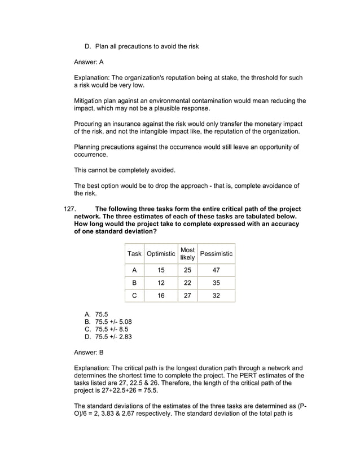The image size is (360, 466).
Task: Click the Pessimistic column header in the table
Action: [216, 254]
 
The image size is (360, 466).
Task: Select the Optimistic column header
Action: [161, 254]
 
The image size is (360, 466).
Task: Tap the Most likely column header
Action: [187, 254]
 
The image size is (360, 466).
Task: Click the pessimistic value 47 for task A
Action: [216, 270]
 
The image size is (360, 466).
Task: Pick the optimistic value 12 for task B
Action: [161, 283]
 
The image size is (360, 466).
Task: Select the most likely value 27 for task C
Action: [187, 295]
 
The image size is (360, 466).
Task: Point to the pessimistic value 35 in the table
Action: [216, 283]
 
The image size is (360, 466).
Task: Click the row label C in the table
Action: [134, 295]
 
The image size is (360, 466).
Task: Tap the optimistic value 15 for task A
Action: [161, 270]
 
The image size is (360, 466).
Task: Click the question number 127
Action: [69, 209]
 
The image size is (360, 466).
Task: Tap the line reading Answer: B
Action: [89, 353]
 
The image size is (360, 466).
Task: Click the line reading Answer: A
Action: [89, 61]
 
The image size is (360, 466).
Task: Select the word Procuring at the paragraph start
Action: [90, 124]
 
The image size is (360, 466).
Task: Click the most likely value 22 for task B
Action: [187, 283]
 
